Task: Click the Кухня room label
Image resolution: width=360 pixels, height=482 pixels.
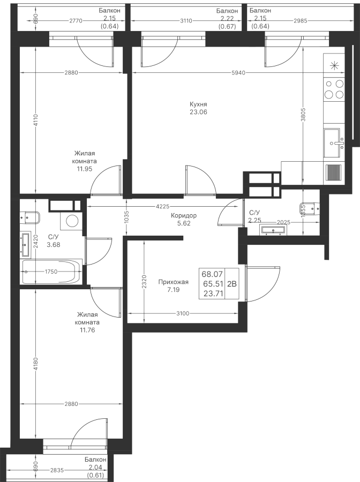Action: [198, 104]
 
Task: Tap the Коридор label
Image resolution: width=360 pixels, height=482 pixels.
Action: [184, 215]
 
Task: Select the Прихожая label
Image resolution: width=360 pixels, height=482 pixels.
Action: [174, 282]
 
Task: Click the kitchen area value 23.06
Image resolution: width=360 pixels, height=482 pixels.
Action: [198, 112]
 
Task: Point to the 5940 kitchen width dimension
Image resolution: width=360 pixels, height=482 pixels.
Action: [239, 73]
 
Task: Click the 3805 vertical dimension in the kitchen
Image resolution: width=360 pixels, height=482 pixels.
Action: [303, 115]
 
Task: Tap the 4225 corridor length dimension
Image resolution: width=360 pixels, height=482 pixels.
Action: [163, 207]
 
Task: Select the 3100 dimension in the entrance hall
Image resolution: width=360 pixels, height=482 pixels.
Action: [183, 313]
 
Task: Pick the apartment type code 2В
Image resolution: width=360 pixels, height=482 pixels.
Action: [232, 284]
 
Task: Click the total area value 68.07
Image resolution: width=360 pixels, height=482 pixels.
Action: [213, 273]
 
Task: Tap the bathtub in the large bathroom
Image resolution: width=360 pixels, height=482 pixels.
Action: [51, 272]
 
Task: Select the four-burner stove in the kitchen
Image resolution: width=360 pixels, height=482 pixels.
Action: [334, 89]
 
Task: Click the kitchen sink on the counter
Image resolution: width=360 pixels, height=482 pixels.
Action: [334, 143]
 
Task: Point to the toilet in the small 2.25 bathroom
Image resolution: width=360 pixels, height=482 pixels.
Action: [309, 209]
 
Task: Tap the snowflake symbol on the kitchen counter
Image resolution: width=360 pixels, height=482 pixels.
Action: [334, 65]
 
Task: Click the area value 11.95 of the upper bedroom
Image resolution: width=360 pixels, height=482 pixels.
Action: [84, 169]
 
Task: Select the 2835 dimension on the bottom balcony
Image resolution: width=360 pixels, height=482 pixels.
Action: [57, 470]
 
